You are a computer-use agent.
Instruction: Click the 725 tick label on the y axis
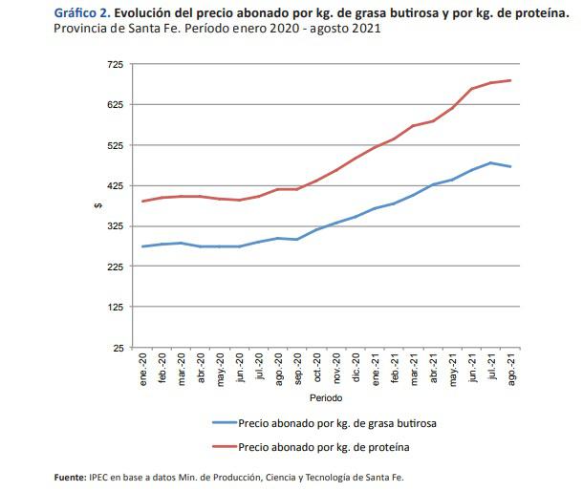point(115,64)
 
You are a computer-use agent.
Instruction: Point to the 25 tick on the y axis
point(118,348)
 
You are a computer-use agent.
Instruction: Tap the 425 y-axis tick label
point(115,185)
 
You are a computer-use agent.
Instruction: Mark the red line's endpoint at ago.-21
point(511,80)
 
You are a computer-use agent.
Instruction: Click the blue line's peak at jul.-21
point(491,162)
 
